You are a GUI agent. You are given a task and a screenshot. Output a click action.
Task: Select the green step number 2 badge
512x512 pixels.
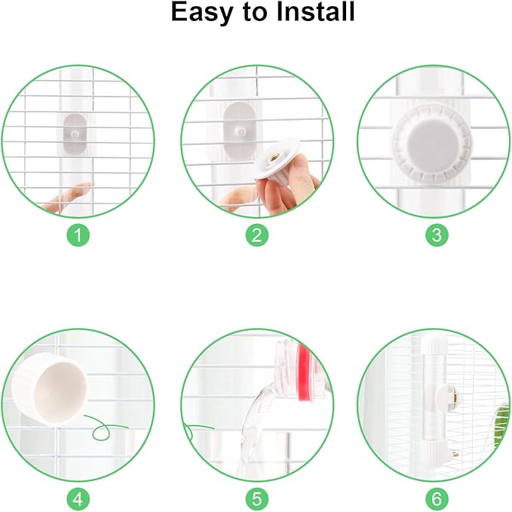(256, 235)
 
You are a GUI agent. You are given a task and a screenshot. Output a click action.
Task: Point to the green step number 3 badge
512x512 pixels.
(434, 235)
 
